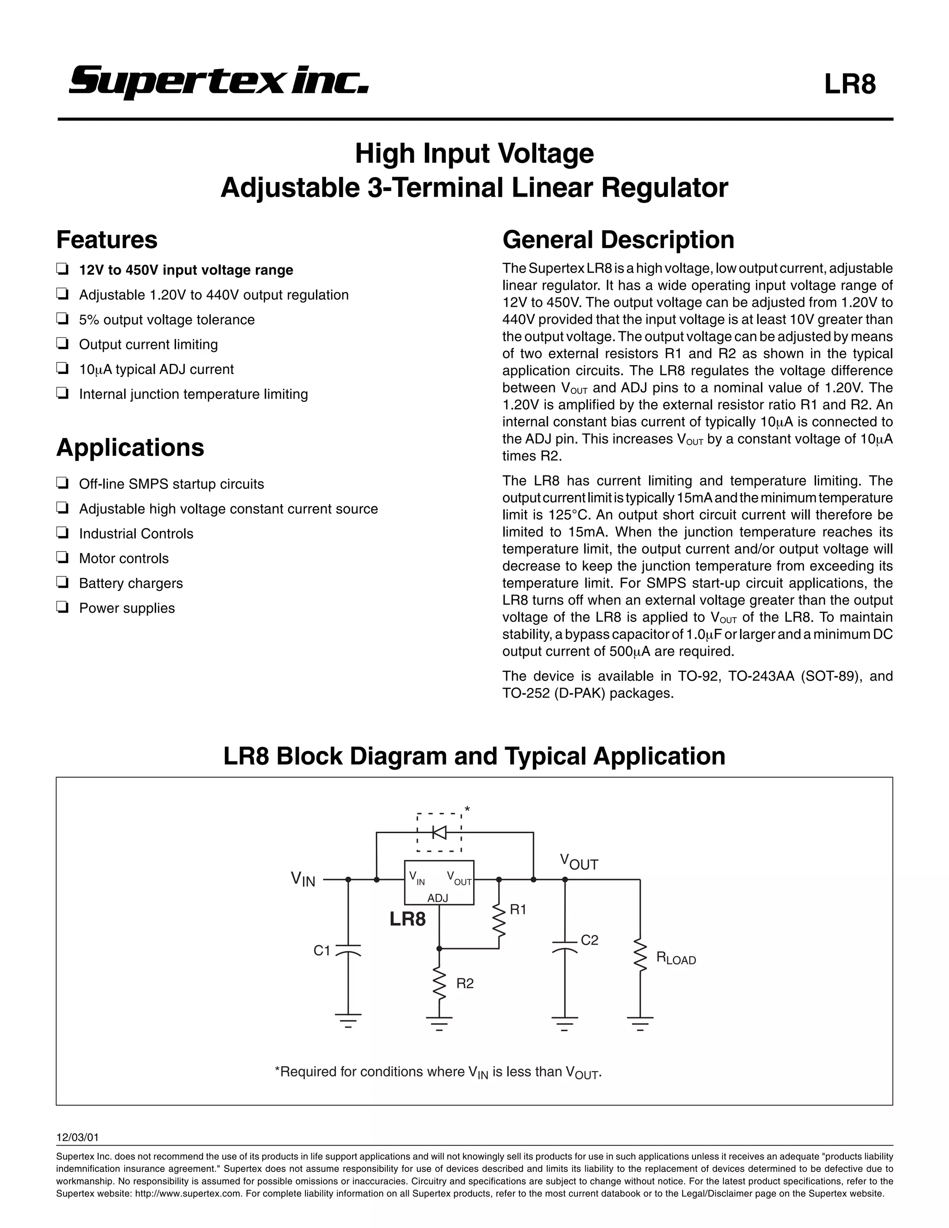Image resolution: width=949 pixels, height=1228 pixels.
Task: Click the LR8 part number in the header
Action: click(849, 84)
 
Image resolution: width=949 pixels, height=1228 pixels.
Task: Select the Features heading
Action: click(107, 240)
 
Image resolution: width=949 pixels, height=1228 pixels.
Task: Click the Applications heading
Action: click(130, 448)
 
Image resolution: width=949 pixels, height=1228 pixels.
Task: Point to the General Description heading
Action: click(618, 240)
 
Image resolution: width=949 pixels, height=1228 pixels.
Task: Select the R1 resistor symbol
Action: click(499, 920)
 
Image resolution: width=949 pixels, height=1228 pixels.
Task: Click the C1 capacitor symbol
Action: click(348, 950)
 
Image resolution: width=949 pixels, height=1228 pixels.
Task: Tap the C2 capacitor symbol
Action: click(564, 945)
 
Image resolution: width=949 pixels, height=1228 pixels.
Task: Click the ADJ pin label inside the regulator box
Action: click(437, 898)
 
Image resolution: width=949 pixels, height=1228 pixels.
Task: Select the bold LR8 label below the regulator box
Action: click(408, 919)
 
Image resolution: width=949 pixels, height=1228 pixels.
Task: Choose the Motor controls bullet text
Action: click(124, 558)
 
